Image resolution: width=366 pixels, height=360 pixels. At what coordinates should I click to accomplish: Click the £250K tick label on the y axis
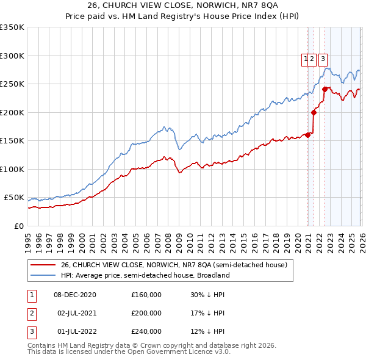click(12, 84)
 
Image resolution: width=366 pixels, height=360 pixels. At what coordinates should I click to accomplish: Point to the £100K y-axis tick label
click(12, 169)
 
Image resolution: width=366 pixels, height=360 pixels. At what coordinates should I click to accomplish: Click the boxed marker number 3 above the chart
click(323, 59)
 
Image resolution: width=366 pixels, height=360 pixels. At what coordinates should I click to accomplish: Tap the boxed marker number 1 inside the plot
click(304, 59)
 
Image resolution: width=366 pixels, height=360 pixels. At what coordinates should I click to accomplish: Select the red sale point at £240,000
click(325, 90)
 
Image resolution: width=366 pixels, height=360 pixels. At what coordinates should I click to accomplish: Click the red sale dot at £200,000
click(314, 112)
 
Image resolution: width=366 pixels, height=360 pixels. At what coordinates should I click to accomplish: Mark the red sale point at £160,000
click(308, 135)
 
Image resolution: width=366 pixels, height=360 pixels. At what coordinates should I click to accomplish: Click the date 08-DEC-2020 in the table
click(75, 294)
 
